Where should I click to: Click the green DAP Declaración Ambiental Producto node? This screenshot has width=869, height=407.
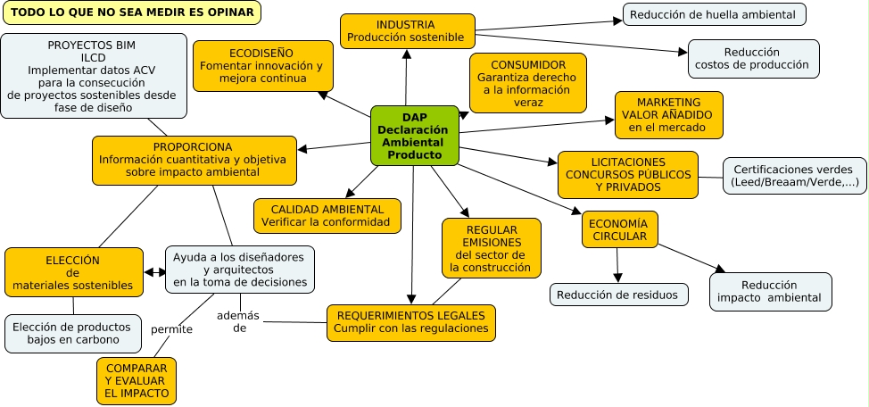click(415, 136)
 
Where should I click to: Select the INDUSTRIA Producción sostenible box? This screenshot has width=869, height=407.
click(407, 31)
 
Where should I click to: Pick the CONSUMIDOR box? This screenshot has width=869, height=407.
click(528, 83)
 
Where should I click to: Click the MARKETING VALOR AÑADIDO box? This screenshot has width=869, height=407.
click(668, 115)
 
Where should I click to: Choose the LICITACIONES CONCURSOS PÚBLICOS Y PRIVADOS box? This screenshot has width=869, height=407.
click(628, 174)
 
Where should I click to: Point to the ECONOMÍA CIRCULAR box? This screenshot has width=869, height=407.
click(620, 229)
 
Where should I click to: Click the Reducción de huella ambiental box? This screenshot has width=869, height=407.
click(714, 14)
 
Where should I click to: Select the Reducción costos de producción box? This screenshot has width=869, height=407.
click(752, 59)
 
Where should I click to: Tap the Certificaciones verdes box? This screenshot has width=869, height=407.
click(793, 176)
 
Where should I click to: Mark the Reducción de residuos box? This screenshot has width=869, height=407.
click(618, 295)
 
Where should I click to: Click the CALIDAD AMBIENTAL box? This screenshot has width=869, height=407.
click(327, 215)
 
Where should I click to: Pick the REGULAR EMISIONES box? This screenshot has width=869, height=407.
click(491, 247)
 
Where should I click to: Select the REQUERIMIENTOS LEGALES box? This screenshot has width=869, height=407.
click(411, 322)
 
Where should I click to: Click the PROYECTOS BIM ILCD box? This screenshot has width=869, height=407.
click(93, 76)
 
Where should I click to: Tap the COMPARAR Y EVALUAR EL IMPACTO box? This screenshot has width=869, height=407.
click(136, 381)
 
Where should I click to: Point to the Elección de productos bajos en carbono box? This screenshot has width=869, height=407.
click(72, 334)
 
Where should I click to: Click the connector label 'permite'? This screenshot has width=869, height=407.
click(171, 330)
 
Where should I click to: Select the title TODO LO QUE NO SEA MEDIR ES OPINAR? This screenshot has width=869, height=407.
click(132, 12)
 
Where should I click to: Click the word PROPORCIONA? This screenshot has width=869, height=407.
click(193, 146)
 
